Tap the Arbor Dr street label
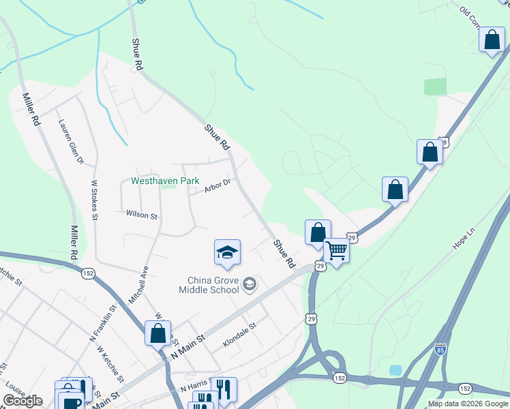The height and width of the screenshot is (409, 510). (218, 185)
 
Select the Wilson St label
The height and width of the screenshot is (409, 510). (142, 215)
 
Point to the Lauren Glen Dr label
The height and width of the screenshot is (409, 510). (70, 142)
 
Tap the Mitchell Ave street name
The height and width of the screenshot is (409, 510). (138, 284)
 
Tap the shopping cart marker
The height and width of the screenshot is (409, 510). (336, 250)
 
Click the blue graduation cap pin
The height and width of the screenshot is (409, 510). (227, 253)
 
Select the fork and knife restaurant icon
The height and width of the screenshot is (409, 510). (224, 389)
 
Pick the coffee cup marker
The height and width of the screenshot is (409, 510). (70, 401)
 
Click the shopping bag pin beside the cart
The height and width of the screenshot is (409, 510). (318, 232)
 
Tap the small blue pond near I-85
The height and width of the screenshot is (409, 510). (395, 370)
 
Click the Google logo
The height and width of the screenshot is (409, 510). (22, 401)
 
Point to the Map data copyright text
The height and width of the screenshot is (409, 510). (468, 404)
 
